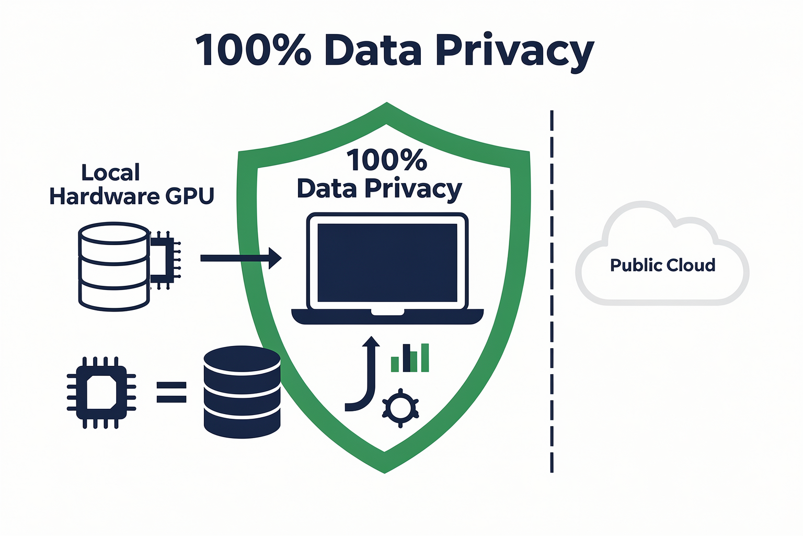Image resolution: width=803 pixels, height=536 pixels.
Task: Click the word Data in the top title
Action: [373, 50]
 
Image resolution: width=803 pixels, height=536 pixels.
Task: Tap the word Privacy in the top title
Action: [515, 53]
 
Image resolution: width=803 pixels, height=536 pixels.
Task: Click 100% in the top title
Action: [253, 50]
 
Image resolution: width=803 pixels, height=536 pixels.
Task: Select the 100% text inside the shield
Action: [387, 160]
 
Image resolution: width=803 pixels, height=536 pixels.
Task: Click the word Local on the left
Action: [110, 172]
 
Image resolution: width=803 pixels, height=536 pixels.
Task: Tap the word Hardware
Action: [105, 196]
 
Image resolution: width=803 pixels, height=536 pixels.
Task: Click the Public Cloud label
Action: [662, 265]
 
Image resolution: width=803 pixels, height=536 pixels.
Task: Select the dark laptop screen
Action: [387, 263]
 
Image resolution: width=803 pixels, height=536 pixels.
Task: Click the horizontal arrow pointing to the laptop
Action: [241, 258]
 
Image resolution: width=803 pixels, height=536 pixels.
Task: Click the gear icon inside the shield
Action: [400, 408]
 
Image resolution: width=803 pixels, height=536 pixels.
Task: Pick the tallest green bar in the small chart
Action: [425, 358]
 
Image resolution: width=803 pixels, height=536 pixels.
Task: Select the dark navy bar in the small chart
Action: [407, 358]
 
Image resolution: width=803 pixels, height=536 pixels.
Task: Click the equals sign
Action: [171, 392]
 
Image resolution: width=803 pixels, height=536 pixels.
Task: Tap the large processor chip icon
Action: [101, 393]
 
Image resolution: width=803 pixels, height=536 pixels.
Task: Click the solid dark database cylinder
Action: [242, 392]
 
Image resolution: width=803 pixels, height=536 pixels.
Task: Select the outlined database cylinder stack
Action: [113, 266]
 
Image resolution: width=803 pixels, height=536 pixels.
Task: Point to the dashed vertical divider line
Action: [552, 292]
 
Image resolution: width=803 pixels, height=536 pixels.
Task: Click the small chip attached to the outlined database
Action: [165, 260]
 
